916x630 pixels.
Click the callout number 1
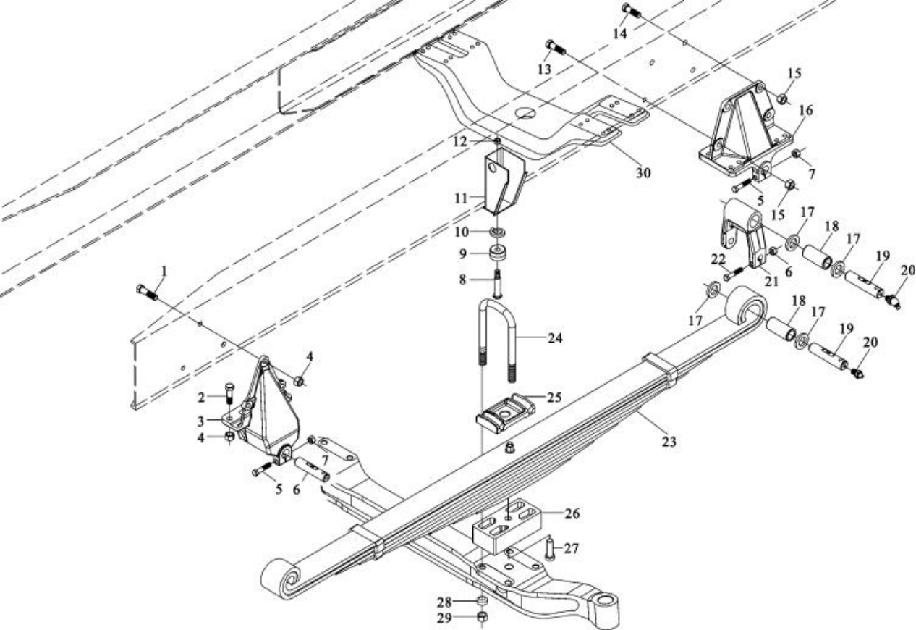(x=164, y=272)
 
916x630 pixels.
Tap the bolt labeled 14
(x=632, y=12)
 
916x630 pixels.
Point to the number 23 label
(x=669, y=440)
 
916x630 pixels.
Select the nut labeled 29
(x=483, y=617)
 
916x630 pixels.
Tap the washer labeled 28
(x=483, y=601)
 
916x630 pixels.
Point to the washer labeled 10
(x=497, y=232)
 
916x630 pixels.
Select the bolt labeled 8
(x=497, y=280)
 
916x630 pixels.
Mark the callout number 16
(x=806, y=110)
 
